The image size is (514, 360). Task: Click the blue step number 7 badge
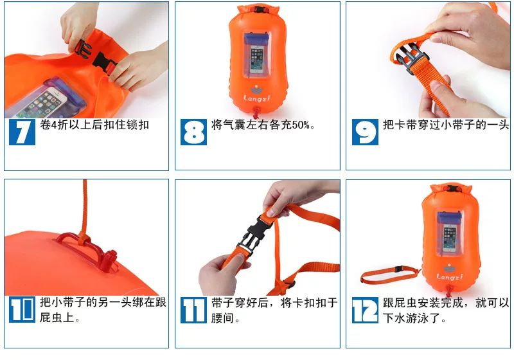(x=22, y=132)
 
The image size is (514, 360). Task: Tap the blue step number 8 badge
(x=193, y=132)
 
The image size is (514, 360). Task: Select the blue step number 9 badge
(x=365, y=132)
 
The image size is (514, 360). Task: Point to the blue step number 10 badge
(x=22, y=309)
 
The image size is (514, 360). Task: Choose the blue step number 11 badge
(x=193, y=310)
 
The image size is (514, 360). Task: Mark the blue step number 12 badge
(x=365, y=310)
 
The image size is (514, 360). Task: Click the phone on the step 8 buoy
(x=256, y=59)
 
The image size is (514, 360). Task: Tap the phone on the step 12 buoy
(x=450, y=238)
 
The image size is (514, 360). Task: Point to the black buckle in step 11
(x=254, y=235)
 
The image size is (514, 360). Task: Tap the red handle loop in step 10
(x=86, y=251)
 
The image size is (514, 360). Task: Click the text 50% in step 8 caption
(x=301, y=125)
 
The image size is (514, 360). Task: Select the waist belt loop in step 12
(x=389, y=274)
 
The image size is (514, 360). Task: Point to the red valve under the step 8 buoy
(x=256, y=113)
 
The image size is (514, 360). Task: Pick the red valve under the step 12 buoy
(x=448, y=291)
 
